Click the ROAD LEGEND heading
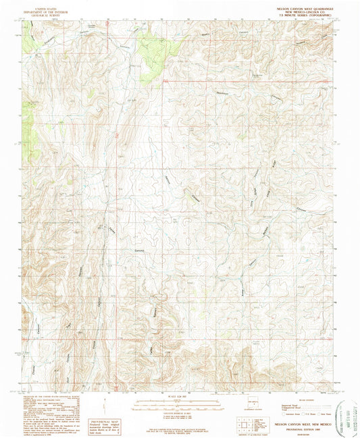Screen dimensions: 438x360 [297, 399]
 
